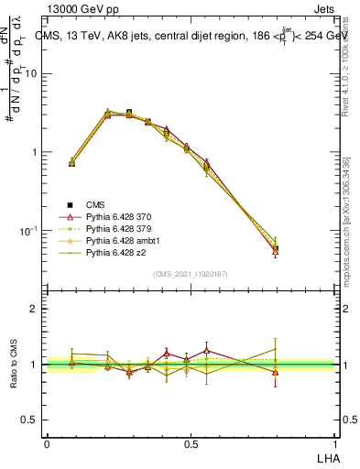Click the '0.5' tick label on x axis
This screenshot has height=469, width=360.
[191, 443]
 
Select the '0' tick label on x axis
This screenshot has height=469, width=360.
[47, 443]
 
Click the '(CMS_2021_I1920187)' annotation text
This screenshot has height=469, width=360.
[190, 273]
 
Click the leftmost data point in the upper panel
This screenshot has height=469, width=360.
[72, 162]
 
